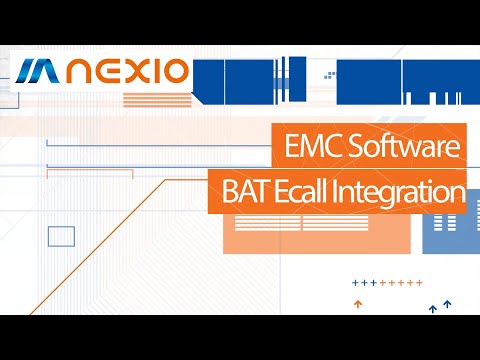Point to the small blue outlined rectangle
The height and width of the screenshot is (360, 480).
coord(62,236)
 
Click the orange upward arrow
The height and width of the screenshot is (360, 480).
coord(357,301)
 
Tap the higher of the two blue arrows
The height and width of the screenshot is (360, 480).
coord(447,302)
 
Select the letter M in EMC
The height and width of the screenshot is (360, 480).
coord(309,149)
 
